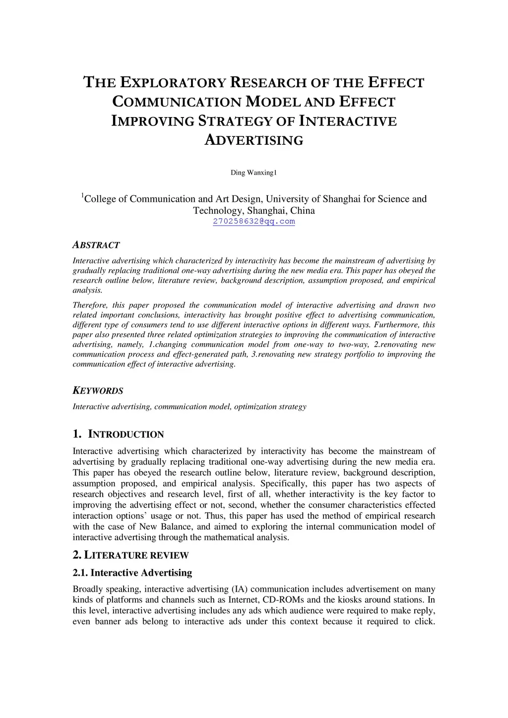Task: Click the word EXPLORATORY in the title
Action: pos(171,82)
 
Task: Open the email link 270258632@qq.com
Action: pos(254,222)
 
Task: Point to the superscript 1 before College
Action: pos(82,196)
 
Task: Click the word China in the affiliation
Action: pos(303,210)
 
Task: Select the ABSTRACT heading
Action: pos(96,245)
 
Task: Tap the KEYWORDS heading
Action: pos(98,391)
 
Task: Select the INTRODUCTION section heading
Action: pos(126,434)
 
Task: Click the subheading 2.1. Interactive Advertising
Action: pos(132,573)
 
